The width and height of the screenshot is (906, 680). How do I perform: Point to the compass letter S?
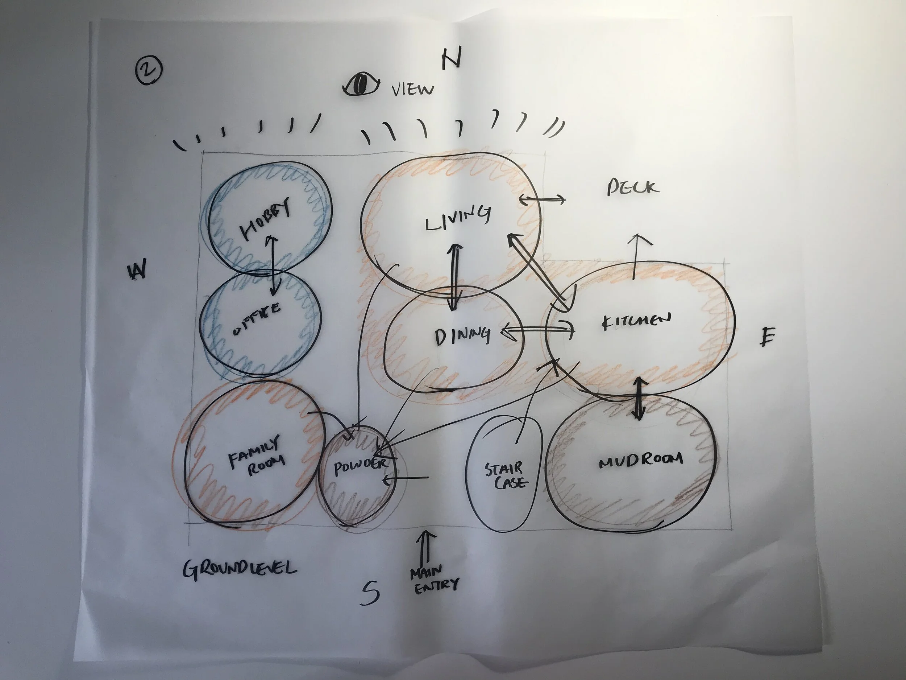[x=370, y=593]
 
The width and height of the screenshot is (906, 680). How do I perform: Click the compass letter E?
[x=767, y=337]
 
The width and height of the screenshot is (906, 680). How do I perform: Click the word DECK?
[x=633, y=187]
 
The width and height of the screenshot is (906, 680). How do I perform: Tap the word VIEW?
[x=412, y=89]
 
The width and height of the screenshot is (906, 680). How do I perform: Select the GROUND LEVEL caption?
[x=240, y=569]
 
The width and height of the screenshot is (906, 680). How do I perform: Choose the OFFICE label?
[x=257, y=319]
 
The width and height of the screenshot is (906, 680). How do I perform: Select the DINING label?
[x=462, y=336]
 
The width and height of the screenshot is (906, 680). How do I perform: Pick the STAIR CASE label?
[x=506, y=475]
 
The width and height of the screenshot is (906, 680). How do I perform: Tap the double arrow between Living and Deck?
[x=542, y=199]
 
